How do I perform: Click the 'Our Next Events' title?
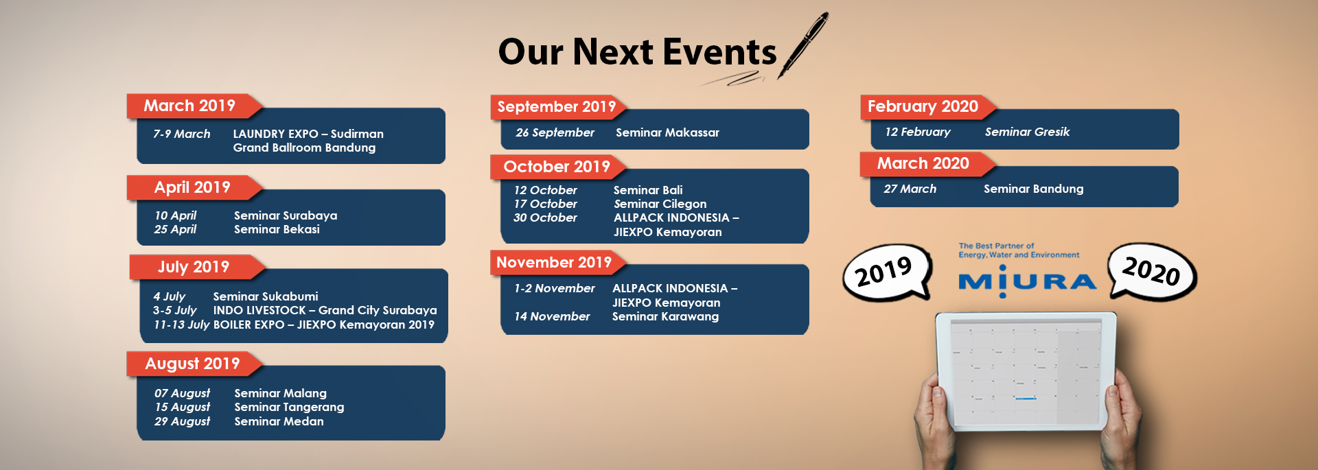tap(637, 52)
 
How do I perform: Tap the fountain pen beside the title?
tap(803, 46)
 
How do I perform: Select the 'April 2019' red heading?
tap(192, 187)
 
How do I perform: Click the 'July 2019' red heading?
tap(194, 267)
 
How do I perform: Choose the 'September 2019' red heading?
tap(557, 106)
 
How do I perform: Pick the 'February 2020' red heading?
tap(923, 106)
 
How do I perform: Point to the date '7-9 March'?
tap(182, 134)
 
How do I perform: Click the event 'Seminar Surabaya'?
tap(286, 215)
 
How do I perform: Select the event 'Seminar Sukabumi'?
tap(266, 296)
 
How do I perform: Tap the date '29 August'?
tap(182, 421)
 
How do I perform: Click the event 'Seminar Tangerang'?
tap(289, 407)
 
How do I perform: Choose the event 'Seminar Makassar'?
tap(667, 132)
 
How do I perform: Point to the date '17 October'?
tap(546, 204)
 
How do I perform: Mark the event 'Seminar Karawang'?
tap(665, 316)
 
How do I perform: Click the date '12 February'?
tap(918, 132)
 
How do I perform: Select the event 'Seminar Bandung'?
tap(1033, 189)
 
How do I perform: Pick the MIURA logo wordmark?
tap(1027, 281)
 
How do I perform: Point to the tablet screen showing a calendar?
tap(1026, 371)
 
